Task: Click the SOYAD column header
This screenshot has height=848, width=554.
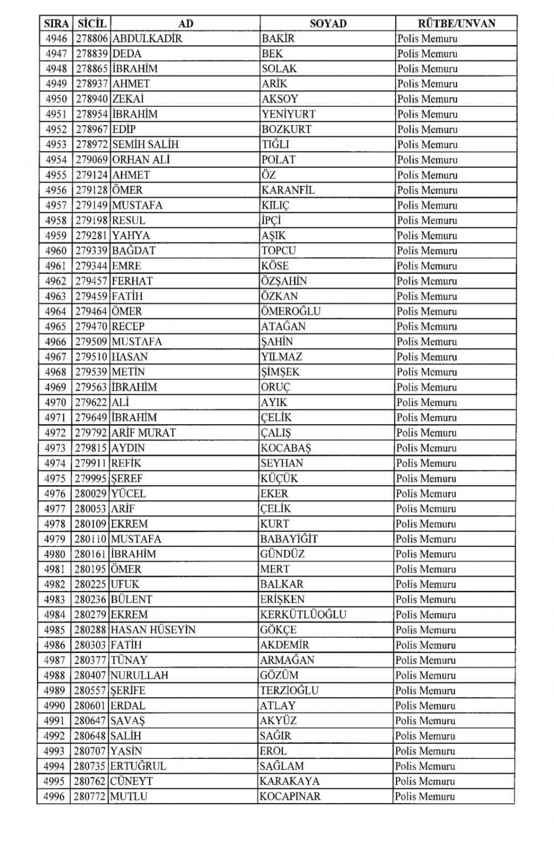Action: [328, 23]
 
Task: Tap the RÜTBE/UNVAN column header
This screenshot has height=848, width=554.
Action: [456, 23]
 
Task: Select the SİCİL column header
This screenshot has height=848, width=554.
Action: [92, 23]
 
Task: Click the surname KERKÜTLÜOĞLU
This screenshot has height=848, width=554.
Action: [303, 614]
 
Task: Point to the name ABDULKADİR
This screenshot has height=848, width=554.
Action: [147, 39]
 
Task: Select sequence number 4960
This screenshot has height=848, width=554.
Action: [56, 250]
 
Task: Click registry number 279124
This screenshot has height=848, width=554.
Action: [92, 175]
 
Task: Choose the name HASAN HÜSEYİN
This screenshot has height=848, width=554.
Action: [153, 630]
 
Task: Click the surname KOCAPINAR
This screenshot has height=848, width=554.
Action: [290, 796]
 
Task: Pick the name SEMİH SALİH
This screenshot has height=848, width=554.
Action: [145, 145]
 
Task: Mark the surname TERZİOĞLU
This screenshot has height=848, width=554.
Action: [289, 690]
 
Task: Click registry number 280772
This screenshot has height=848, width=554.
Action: [91, 796]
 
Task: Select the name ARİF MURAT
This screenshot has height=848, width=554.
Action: [143, 433]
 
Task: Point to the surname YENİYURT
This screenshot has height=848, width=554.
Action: [288, 114]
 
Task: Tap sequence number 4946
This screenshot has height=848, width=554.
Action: [56, 39]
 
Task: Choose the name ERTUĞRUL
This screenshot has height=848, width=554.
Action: [138, 766]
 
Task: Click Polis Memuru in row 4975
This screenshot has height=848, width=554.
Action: [427, 479]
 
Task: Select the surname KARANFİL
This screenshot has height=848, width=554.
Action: [288, 190]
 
